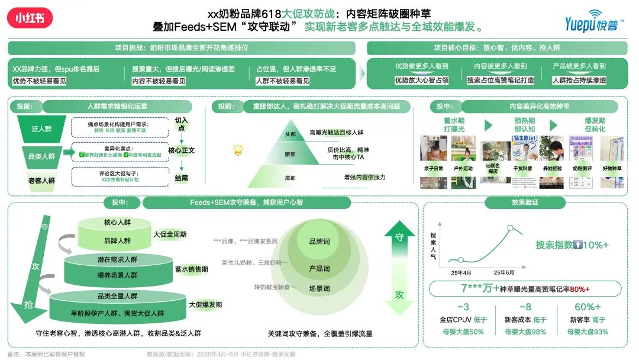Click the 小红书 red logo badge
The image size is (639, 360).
(x=30, y=18)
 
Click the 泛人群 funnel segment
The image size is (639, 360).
(x=41, y=128)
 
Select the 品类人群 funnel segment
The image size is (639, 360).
(x=41, y=156)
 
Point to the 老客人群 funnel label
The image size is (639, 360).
(x=41, y=181)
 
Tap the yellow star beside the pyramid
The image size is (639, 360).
(x=238, y=149)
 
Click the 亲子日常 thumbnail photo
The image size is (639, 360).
(x=434, y=150)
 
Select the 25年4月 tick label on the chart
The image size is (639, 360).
(x=461, y=272)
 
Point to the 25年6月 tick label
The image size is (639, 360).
(x=504, y=272)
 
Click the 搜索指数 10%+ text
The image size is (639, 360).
(x=572, y=245)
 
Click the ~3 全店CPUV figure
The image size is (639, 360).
(x=463, y=307)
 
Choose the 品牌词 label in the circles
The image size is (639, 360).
(x=319, y=242)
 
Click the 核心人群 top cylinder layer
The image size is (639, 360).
(x=117, y=223)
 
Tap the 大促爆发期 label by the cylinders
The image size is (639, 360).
(x=205, y=304)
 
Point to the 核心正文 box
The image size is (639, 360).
(x=181, y=150)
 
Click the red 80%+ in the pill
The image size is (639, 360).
(x=580, y=289)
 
